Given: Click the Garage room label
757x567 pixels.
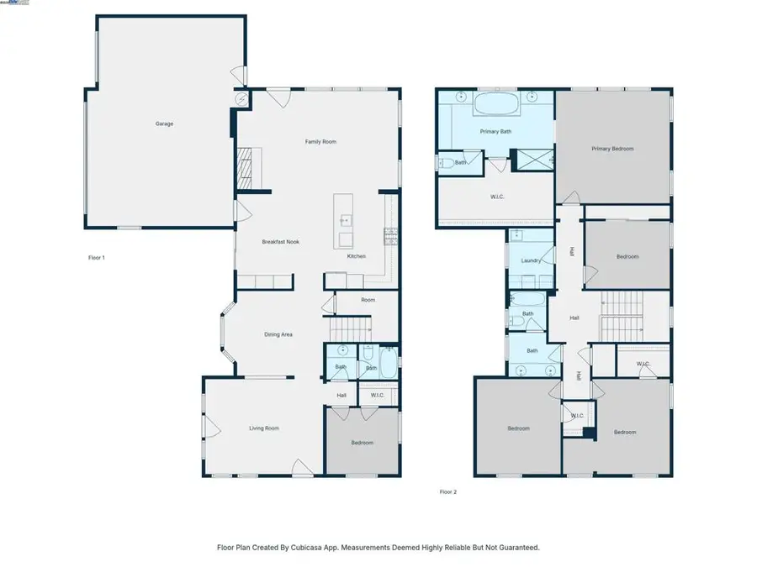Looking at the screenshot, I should (x=164, y=123).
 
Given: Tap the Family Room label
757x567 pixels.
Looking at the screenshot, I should (x=320, y=142).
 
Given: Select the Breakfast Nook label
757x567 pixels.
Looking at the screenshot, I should (x=280, y=242).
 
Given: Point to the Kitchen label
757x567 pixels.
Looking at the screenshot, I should (x=357, y=256).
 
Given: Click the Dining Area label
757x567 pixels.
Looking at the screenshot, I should (x=278, y=334).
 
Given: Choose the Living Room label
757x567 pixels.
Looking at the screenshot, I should (x=263, y=428).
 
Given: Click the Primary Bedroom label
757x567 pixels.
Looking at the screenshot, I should (x=612, y=149).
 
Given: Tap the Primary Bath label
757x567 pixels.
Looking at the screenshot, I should (x=495, y=132).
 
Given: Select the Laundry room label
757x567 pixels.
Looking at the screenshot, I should (x=531, y=260).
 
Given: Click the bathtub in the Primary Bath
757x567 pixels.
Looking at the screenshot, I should (x=496, y=106).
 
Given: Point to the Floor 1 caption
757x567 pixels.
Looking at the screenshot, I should (x=97, y=258).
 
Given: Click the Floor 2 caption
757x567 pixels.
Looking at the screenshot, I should (x=448, y=492).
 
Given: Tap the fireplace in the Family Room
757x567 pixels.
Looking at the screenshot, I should (x=244, y=169).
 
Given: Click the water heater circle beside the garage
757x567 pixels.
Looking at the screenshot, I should (x=241, y=99).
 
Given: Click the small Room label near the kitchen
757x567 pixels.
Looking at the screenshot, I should (x=368, y=300).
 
